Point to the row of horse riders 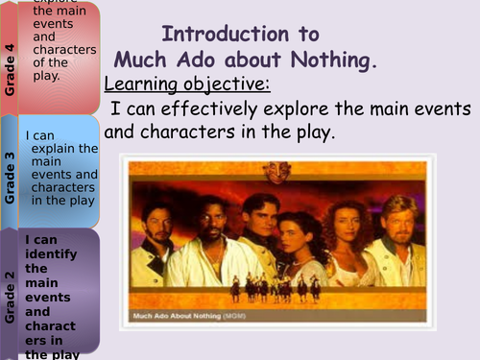(x=278, y=285)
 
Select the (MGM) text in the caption (x=252, y=317)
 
